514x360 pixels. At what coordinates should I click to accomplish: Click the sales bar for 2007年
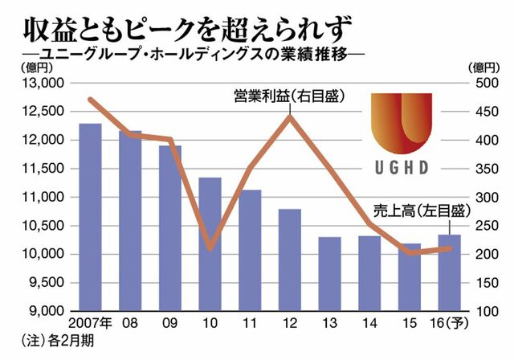(x=90, y=217)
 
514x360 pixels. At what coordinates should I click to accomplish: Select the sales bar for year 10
(x=210, y=244)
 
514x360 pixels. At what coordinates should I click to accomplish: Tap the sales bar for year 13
(x=330, y=274)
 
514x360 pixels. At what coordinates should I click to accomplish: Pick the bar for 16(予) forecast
(x=450, y=272)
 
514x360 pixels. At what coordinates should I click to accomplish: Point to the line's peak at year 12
(x=290, y=116)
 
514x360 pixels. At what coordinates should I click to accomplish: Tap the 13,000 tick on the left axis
(x=42, y=83)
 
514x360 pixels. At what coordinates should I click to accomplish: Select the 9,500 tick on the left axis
(x=46, y=283)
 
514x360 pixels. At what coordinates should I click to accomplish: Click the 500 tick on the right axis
(x=487, y=83)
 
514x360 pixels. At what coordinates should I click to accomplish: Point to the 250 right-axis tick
(x=487, y=226)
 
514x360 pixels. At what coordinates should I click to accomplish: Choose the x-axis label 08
(x=130, y=323)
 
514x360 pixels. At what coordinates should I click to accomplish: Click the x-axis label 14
(x=369, y=323)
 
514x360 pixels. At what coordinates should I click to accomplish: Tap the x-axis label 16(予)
(x=450, y=323)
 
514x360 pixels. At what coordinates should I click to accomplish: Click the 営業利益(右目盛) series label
(x=290, y=96)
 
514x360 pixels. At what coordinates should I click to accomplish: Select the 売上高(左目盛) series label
(x=422, y=211)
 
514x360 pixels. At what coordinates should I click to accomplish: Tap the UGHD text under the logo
(x=402, y=167)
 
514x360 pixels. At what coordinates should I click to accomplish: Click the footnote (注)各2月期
(x=57, y=341)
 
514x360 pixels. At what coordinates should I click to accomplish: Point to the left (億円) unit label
(x=37, y=67)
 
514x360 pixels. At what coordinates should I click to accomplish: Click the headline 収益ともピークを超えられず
(x=187, y=31)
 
